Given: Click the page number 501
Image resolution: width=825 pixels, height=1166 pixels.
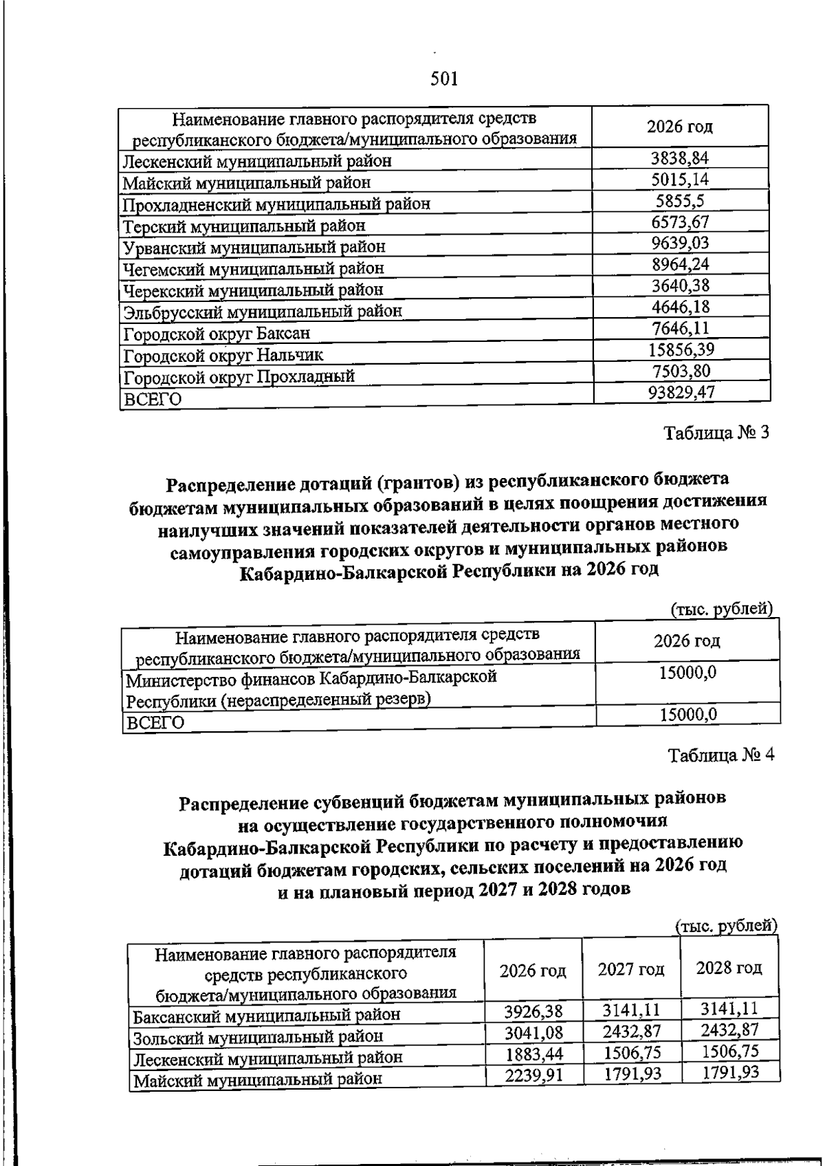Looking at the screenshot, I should [444, 78].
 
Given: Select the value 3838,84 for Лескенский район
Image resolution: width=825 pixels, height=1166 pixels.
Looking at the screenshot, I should [679, 158].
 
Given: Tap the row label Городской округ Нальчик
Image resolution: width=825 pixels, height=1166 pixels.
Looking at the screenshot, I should [223, 356].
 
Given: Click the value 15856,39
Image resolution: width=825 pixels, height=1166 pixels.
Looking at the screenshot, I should [681, 349].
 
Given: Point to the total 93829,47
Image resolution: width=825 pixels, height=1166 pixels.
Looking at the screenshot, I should [681, 392].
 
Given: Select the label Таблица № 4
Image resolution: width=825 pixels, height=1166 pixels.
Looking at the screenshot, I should [721, 755].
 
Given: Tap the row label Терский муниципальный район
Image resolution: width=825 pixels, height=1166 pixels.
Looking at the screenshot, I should [244, 226].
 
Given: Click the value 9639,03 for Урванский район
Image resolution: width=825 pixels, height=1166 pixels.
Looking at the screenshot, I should [679, 243].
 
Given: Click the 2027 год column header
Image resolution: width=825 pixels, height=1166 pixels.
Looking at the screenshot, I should [630, 969].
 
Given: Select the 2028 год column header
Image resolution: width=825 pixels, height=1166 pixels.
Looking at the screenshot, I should [729, 968].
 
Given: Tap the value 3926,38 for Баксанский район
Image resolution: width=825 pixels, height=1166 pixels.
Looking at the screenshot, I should [533, 1012].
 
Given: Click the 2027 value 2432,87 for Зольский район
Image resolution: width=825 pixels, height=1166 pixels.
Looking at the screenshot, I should [631, 1031].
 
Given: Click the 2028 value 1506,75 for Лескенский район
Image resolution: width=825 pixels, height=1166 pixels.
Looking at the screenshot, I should [729, 1052].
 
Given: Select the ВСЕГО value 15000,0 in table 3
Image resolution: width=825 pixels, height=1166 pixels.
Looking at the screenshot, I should [687, 715].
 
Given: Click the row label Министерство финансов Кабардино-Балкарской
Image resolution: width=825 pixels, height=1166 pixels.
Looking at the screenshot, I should [311, 678].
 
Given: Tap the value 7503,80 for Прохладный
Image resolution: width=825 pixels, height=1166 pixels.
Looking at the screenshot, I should [681, 371].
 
